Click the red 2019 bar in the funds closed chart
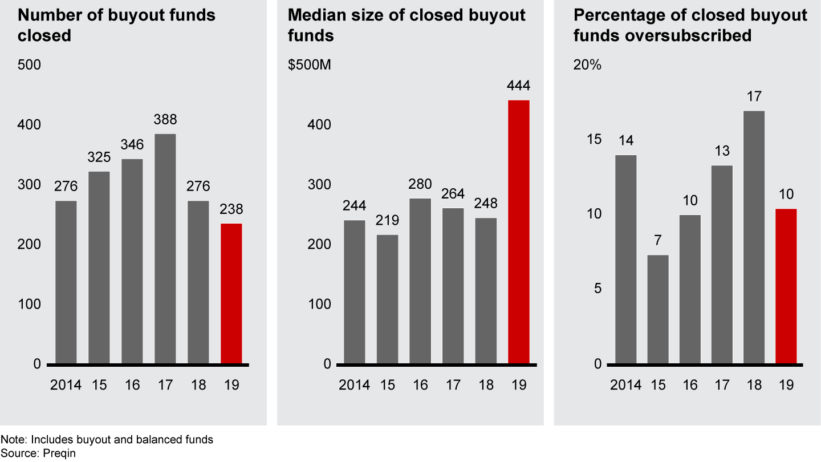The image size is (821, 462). point(231,293)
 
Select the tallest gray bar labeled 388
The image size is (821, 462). point(165,249)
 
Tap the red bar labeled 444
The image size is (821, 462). point(519,232)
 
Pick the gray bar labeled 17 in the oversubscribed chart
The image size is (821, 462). point(754,237)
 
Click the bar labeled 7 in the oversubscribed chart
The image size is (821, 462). point(658,309)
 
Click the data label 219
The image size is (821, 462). point(388,221)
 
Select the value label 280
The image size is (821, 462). point(420,184)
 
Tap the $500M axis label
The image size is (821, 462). point(310,65)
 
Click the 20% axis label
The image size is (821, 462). point(587,65)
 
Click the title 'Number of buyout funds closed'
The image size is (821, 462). point(117,25)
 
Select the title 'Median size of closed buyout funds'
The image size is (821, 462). point(407,25)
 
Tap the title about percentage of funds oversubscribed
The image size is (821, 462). point(690,25)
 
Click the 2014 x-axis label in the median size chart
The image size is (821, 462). point(355,385)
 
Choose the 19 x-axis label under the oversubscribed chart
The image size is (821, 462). point(786,385)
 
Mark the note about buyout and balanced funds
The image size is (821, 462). point(107,440)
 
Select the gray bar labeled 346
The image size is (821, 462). point(132,261)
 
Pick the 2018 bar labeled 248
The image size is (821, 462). point(486,291)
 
